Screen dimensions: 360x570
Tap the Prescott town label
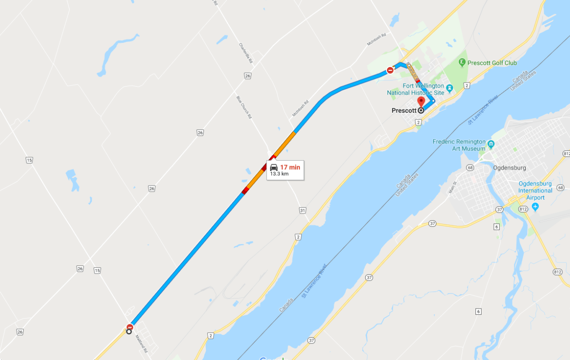pos(404,110)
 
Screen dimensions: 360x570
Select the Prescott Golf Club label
pos(492,63)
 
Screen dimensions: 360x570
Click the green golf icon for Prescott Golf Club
pos(462,62)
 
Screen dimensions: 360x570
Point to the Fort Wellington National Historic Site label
pos(415,89)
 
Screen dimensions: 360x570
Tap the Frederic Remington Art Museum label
pos(459,145)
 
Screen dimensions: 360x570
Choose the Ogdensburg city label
pos(509,167)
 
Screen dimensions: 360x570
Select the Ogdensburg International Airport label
pos(535,190)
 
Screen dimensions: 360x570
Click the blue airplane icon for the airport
pos(535,206)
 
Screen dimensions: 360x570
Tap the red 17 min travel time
pos(290,167)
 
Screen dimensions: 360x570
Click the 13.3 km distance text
pos(280,174)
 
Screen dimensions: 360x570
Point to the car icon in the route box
pos(274,167)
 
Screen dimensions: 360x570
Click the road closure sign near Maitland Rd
pos(129,327)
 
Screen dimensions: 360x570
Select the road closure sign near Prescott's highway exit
pos(390,70)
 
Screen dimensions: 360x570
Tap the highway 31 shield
pos(302,210)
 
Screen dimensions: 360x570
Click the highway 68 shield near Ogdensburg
pos(470,168)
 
